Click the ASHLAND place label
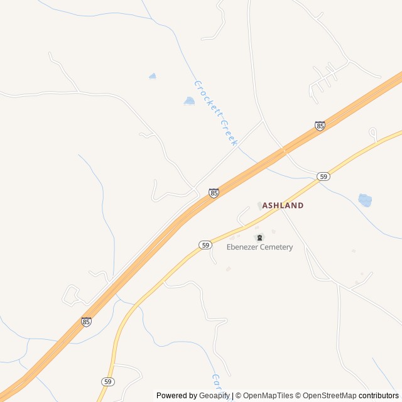click(283, 205)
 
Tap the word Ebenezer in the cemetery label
click(244, 247)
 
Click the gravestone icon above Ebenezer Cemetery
click(259, 237)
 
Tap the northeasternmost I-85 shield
click(320, 126)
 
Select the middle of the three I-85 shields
click(214, 193)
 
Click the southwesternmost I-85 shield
click(86, 322)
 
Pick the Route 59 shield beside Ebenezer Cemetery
click(205, 245)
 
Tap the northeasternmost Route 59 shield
click(323, 177)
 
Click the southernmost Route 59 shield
click(108, 381)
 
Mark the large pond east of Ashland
click(365, 200)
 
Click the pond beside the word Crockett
click(189, 100)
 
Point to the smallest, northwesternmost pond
click(153, 76)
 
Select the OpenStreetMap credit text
click(327, 396)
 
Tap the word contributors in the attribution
click(379, 396)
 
